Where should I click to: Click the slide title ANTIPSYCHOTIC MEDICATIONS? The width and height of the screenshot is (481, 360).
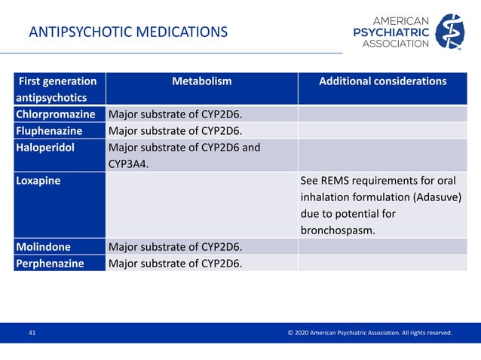127,32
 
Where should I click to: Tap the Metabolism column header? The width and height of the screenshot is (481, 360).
201,81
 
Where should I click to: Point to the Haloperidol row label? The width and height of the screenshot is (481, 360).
47,148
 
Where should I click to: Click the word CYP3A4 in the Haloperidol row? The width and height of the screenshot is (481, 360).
130,164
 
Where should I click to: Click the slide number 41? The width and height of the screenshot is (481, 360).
32,332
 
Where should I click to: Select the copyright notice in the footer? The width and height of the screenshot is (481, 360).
369,332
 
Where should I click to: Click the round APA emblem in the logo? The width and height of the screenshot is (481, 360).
450,32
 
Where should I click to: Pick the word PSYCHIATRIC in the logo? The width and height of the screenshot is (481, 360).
392,32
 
